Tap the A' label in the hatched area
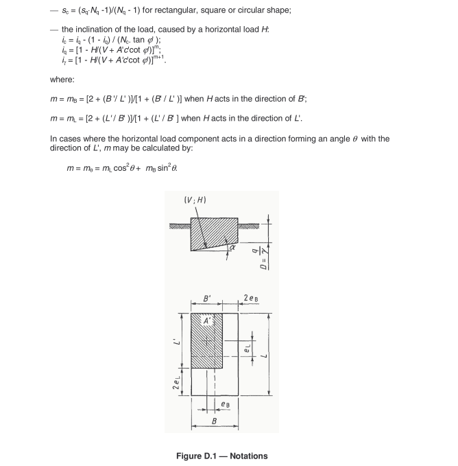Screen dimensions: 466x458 pos(206,321)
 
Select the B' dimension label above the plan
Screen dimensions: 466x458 pos(207,300)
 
